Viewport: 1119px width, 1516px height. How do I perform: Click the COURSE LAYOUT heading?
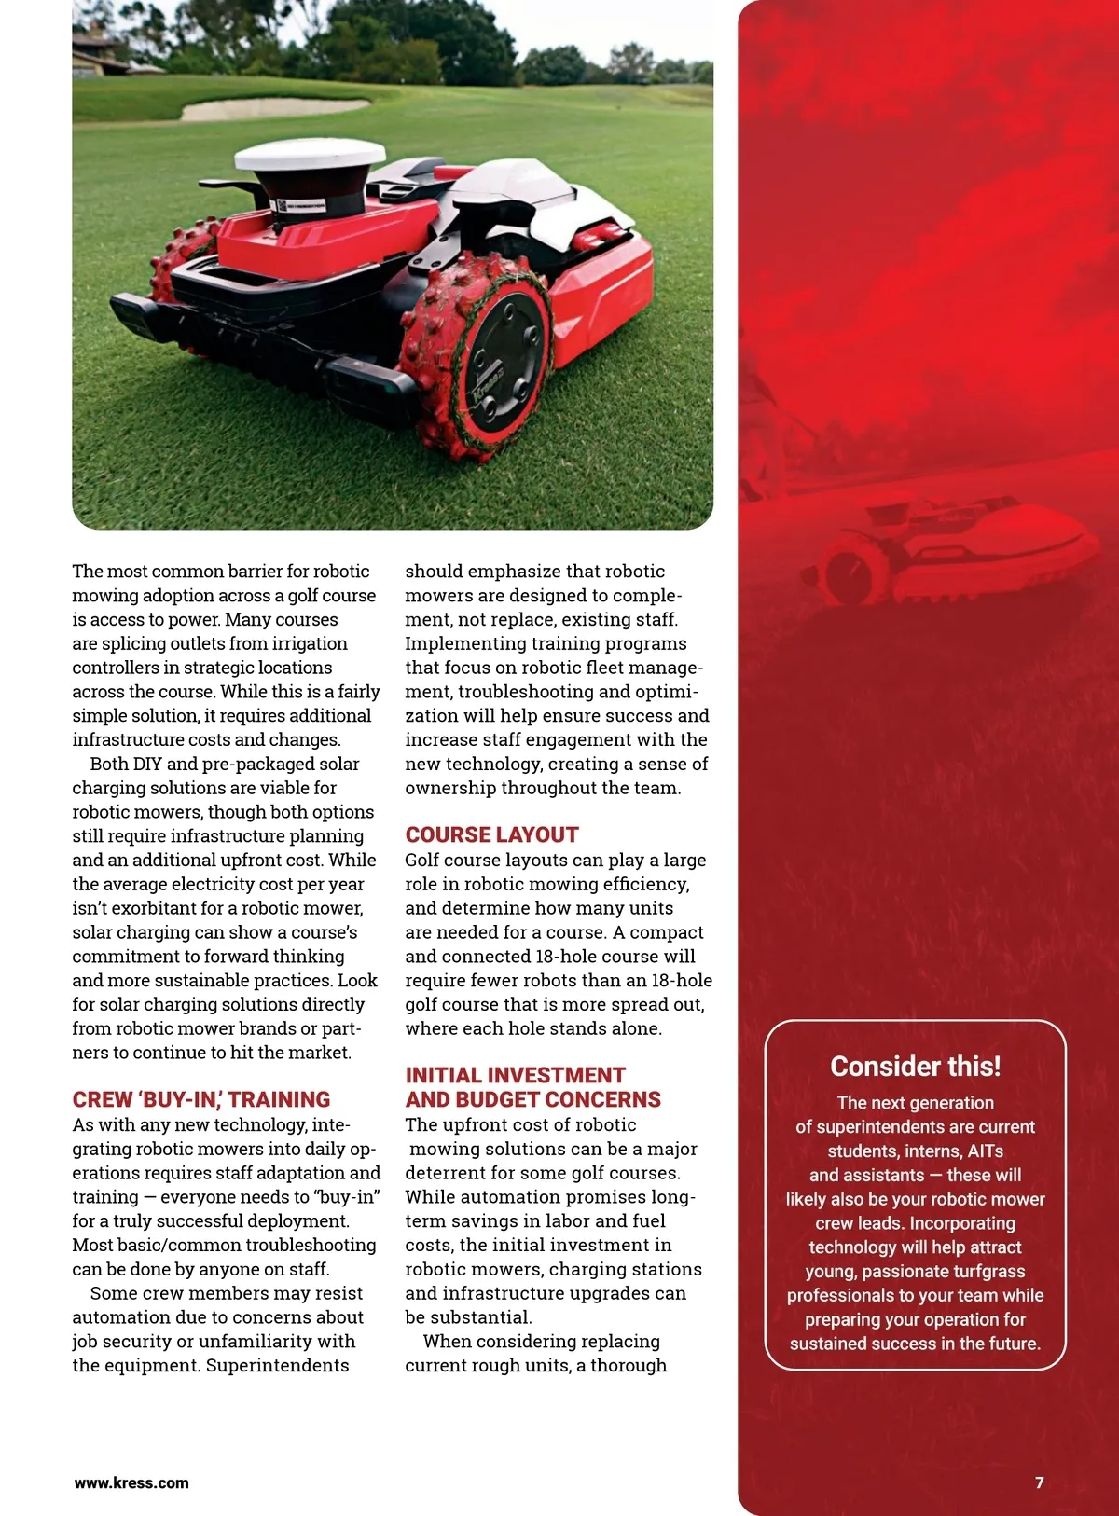[x=491, y=834]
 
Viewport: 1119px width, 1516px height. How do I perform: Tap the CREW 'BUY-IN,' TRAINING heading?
[x=201, y=1099]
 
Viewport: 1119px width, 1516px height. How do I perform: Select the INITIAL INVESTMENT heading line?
[x=515, y=1075]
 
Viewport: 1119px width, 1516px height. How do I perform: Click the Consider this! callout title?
[x=915, y=1066]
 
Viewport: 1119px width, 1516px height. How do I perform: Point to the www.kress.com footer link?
[x=131, y=1482]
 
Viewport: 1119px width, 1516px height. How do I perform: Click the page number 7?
[x=1040, y=1482]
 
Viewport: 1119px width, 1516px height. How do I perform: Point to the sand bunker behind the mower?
[x=275, y=109]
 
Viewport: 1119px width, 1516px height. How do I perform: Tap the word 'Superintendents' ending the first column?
[x=277, y=1365]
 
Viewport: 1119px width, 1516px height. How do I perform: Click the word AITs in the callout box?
[x=985, y=1151]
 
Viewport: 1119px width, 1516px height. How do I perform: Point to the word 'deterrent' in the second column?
[x=449, y=1172]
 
